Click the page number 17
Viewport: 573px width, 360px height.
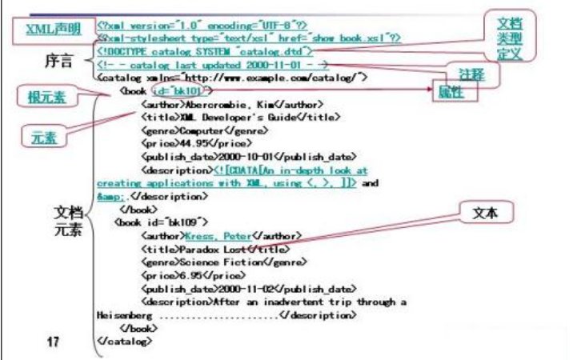click(54, 342)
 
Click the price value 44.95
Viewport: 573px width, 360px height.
click(174, 143)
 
